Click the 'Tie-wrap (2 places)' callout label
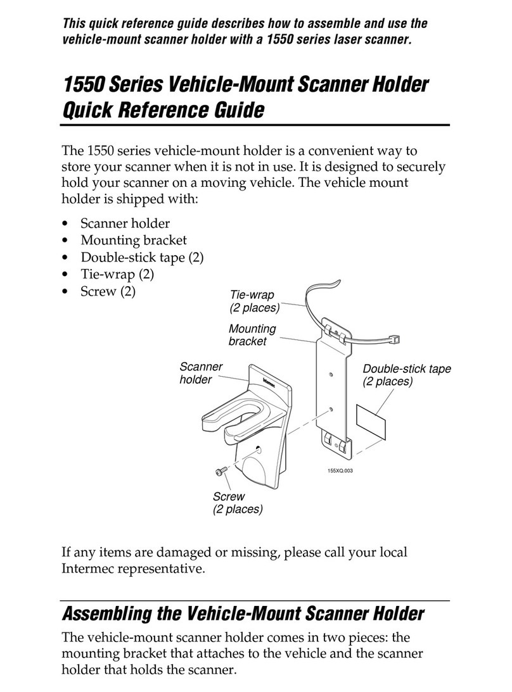point(254,302)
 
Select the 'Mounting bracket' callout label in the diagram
point(252,335)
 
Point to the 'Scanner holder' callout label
point(202,373)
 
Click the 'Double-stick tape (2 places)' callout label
point(406,375)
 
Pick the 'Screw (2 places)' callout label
point(238,503)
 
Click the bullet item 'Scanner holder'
point(125,223)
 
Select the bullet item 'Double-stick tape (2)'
point(142,258)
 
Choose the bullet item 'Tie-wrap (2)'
point(117,275)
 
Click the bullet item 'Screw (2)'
point(108,292)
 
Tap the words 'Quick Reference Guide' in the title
point(162,111)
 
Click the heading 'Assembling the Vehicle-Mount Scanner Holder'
point(241,613)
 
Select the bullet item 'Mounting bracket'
point(133,241)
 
